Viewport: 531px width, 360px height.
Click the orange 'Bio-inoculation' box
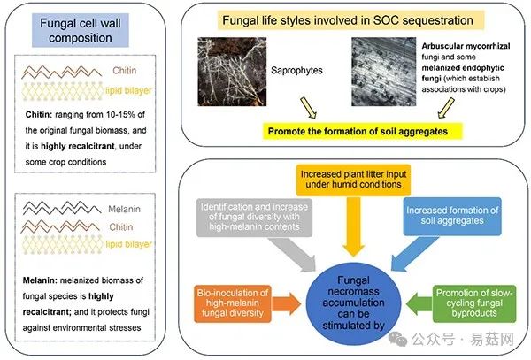tap(234, 303)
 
